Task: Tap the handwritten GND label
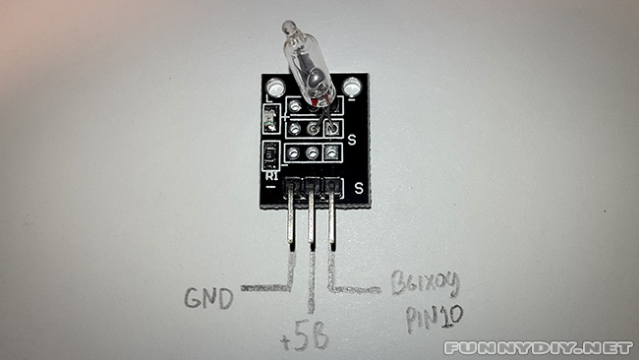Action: click(207, 296)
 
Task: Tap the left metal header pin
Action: click(292, 218)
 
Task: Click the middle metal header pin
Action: click(312, 218)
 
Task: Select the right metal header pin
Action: click(331, 218)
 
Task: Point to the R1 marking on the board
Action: click(270, 174)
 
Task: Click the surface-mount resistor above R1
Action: click(270, 153)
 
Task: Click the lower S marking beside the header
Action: click(360, 186)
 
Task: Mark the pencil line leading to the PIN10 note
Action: click(354, 288)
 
